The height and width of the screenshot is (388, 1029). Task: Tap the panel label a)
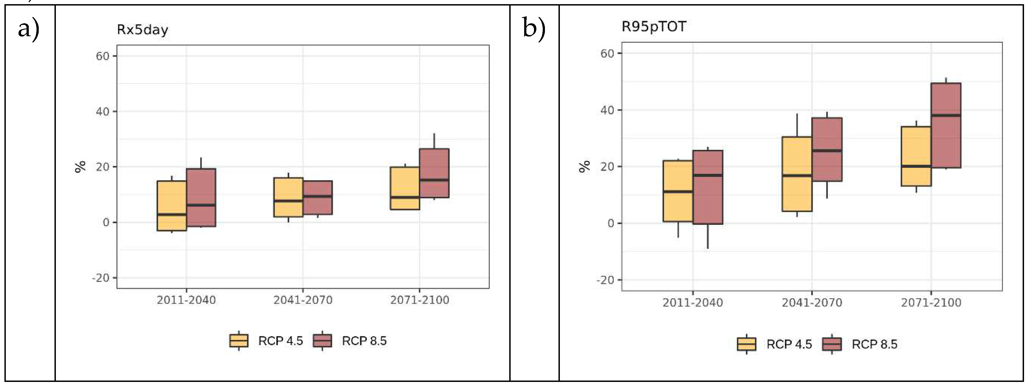28,29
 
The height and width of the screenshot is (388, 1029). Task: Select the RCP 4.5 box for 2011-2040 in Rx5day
171,206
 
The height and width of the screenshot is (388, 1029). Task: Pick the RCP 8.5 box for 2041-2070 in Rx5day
318,198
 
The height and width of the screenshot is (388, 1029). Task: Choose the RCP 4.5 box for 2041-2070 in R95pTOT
797,174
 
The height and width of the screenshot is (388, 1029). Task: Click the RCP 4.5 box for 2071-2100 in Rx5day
405,188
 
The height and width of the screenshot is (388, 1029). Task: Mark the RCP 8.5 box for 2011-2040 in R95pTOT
708,187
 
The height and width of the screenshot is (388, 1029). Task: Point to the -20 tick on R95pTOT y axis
605,280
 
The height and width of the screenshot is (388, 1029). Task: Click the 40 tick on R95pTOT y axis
607,110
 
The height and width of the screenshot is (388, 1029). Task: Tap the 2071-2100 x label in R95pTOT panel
931,303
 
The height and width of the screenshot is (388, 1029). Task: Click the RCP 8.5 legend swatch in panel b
832,344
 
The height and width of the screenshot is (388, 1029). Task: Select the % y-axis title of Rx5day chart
80,166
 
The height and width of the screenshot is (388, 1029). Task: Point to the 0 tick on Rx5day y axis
106,222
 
